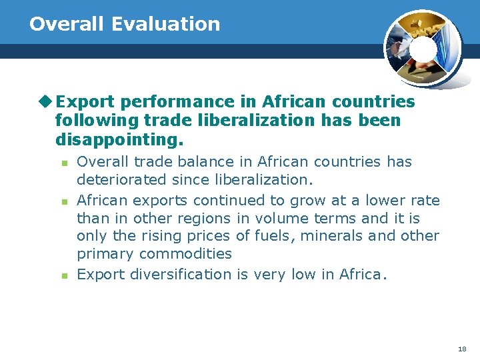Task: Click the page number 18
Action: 462,349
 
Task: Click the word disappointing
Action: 119,141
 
